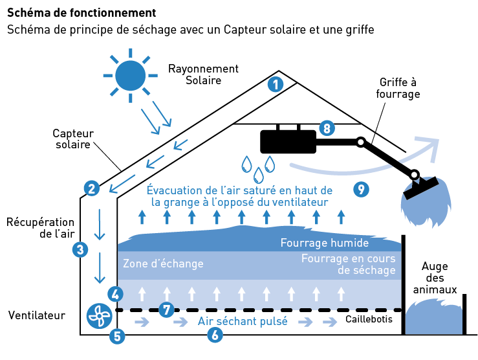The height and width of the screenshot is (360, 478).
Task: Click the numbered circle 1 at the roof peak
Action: coord(276,84)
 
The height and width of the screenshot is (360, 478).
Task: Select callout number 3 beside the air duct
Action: coord(80,249)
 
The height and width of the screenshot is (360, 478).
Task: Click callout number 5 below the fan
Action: coord(117,335)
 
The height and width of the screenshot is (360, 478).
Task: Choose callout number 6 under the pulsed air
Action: coord(215,335)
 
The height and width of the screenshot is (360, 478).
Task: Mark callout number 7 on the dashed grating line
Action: coord(166,310)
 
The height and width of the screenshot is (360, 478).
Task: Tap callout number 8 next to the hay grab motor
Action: coord(327,128)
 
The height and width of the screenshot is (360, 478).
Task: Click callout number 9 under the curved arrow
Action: coord(361,189)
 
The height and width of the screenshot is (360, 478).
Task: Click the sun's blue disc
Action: coord(130,75)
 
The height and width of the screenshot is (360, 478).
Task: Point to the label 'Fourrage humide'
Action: coord(324,243)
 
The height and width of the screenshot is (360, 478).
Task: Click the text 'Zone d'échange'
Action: coord(163,264)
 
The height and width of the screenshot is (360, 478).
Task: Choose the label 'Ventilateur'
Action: coord(37,316)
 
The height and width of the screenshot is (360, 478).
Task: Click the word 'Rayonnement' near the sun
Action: coord(203,69)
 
